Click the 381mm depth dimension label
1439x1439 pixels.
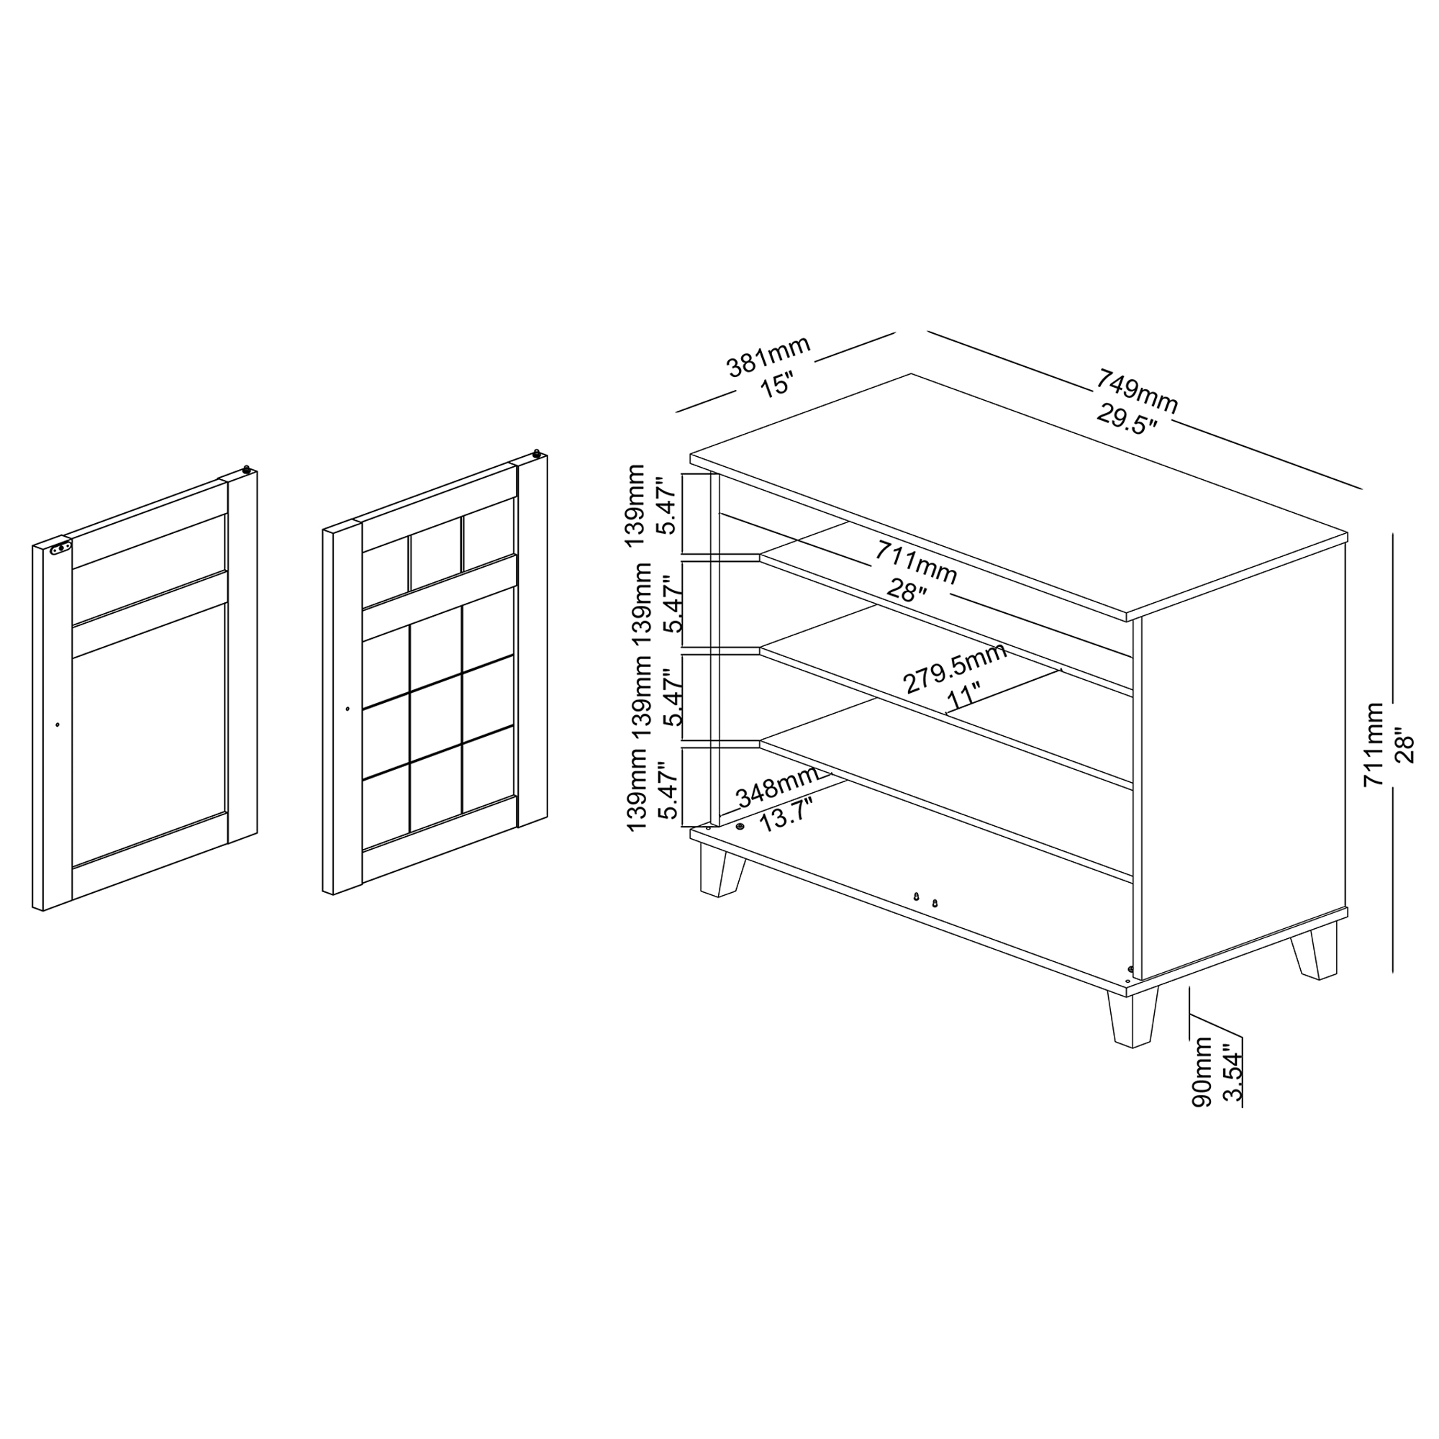(x=768, y=356)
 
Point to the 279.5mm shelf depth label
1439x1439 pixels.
(x=955, y=667)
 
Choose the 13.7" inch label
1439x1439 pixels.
(x=785, y=817)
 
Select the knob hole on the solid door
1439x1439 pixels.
(x=58, y=724)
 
